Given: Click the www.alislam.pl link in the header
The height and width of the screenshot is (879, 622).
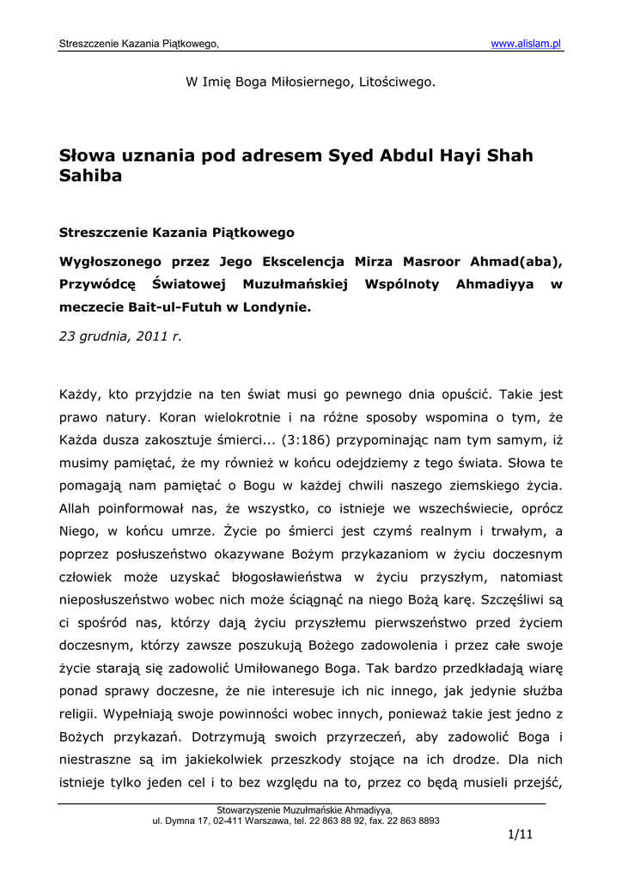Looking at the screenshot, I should click(x=526, y=44).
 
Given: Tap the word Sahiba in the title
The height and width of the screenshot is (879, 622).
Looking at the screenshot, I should click(x=90, y=176).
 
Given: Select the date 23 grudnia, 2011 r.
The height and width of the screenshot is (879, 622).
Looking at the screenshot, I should click(x=120, y=336).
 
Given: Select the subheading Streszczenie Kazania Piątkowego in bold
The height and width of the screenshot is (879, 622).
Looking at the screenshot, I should click(x=176, y=232).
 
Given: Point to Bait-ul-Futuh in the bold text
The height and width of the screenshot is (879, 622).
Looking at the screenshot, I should click(x=173, y=306).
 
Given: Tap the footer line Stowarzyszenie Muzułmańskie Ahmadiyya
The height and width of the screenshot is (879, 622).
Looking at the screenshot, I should click(x=305, y=810).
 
